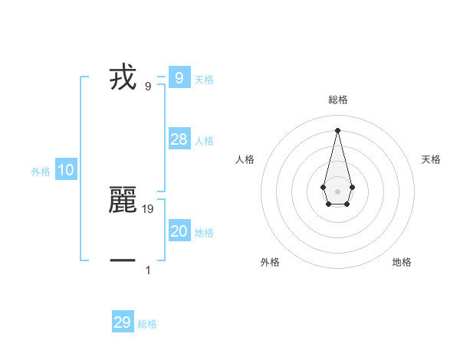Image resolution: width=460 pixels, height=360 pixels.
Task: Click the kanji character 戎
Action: point(123,78)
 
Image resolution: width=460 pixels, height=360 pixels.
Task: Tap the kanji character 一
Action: point(123,260)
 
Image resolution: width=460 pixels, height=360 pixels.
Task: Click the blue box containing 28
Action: point(179,139)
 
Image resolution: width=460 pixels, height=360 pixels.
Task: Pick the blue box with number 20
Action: point(179,231)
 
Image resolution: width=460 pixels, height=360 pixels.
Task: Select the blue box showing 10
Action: point(66,171)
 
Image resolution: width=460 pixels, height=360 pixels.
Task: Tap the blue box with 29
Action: point(123,322)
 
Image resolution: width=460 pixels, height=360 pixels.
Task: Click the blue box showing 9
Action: point(179,77)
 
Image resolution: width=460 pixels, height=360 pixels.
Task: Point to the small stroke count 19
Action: point(148,208)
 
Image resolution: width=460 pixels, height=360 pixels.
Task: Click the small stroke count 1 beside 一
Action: point(148,270)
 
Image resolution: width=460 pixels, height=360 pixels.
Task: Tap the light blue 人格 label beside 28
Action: point(204,141)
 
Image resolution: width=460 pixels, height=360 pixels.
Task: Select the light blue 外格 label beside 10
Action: point(41,172)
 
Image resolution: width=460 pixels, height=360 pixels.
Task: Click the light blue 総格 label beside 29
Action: point(147,324)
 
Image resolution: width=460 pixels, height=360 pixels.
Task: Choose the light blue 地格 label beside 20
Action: point(204,233)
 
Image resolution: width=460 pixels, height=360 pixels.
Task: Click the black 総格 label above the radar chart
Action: point(337,100)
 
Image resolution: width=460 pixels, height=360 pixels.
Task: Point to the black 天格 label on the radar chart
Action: point(431,159)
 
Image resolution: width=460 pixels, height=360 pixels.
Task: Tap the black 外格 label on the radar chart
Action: point(270,262)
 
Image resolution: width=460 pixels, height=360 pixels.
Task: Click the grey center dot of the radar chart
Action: point(337,191)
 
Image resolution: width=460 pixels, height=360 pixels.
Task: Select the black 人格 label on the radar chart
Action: point(245,159)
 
